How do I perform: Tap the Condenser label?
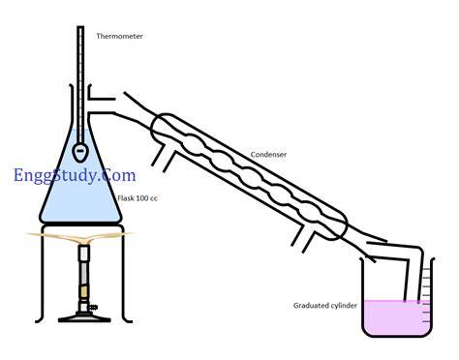click(267, 153)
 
